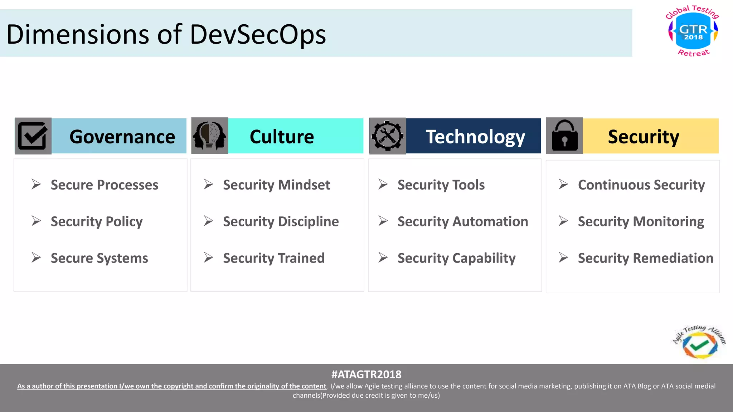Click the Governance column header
[122, 137]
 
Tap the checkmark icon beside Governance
[33, 136]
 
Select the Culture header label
[282, 137]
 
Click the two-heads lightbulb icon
[209, 136]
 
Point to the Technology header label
[475, 137]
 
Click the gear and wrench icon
[387, 136]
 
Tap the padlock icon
[564, 136]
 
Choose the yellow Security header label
[643, 137]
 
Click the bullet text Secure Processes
[104, 185]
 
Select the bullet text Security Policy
[97, 221]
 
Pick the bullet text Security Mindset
[276, 185]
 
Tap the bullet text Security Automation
[462, 221]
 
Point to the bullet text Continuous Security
[641, 185]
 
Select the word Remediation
[673, 258]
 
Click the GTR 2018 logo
[693, 31]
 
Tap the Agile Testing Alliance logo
[699, 343]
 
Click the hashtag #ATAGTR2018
[366, 374]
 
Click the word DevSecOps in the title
[258, 35]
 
